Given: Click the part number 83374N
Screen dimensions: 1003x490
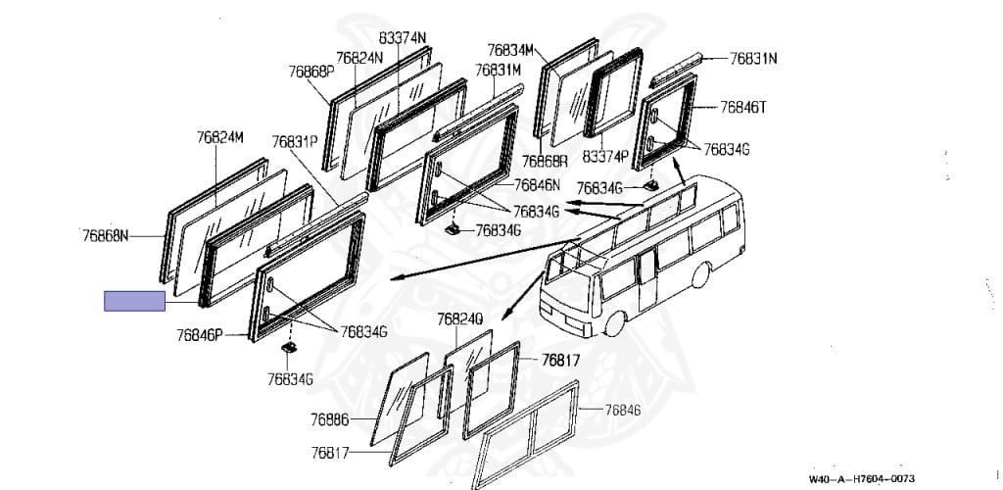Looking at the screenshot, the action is coord(403,38).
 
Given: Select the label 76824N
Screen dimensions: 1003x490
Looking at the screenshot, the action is coord(359,58).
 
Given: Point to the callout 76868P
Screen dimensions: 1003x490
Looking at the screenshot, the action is coord(311,71).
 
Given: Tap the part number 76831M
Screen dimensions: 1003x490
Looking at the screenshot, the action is coord(498,70).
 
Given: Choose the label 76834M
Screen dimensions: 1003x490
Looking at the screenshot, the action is coord(510,50).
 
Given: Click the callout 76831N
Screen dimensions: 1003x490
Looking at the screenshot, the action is coord(753,59).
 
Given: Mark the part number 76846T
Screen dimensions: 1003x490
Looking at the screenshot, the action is coord(743,107).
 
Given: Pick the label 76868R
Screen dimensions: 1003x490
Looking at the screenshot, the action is coord(545,161).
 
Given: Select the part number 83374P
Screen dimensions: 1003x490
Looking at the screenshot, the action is coord(605,157).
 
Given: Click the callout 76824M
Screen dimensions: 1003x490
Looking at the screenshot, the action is coord(220,137).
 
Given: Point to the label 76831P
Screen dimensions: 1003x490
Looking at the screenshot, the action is coord(295,141).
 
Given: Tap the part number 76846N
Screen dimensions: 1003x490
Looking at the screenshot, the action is coord(538,185).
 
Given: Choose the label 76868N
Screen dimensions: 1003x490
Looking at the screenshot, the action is coord(106,236).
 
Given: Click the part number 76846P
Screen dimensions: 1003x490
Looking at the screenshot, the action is coord(200,334).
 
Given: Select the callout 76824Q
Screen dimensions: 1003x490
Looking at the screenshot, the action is coord(460,319).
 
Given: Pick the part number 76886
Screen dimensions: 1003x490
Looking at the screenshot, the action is coord(330,419).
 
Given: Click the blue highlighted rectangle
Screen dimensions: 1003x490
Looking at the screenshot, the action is coord(134,301).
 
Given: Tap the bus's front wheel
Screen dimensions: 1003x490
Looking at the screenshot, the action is coord(615,324).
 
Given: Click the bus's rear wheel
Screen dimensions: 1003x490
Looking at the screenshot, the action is coord(700,275).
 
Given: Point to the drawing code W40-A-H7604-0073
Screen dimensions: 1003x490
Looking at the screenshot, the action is coord(862,478).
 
